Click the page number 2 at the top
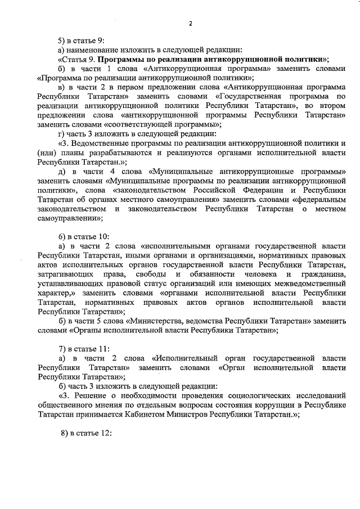[x=191, y=23]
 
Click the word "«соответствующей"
[x=136, y=124]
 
